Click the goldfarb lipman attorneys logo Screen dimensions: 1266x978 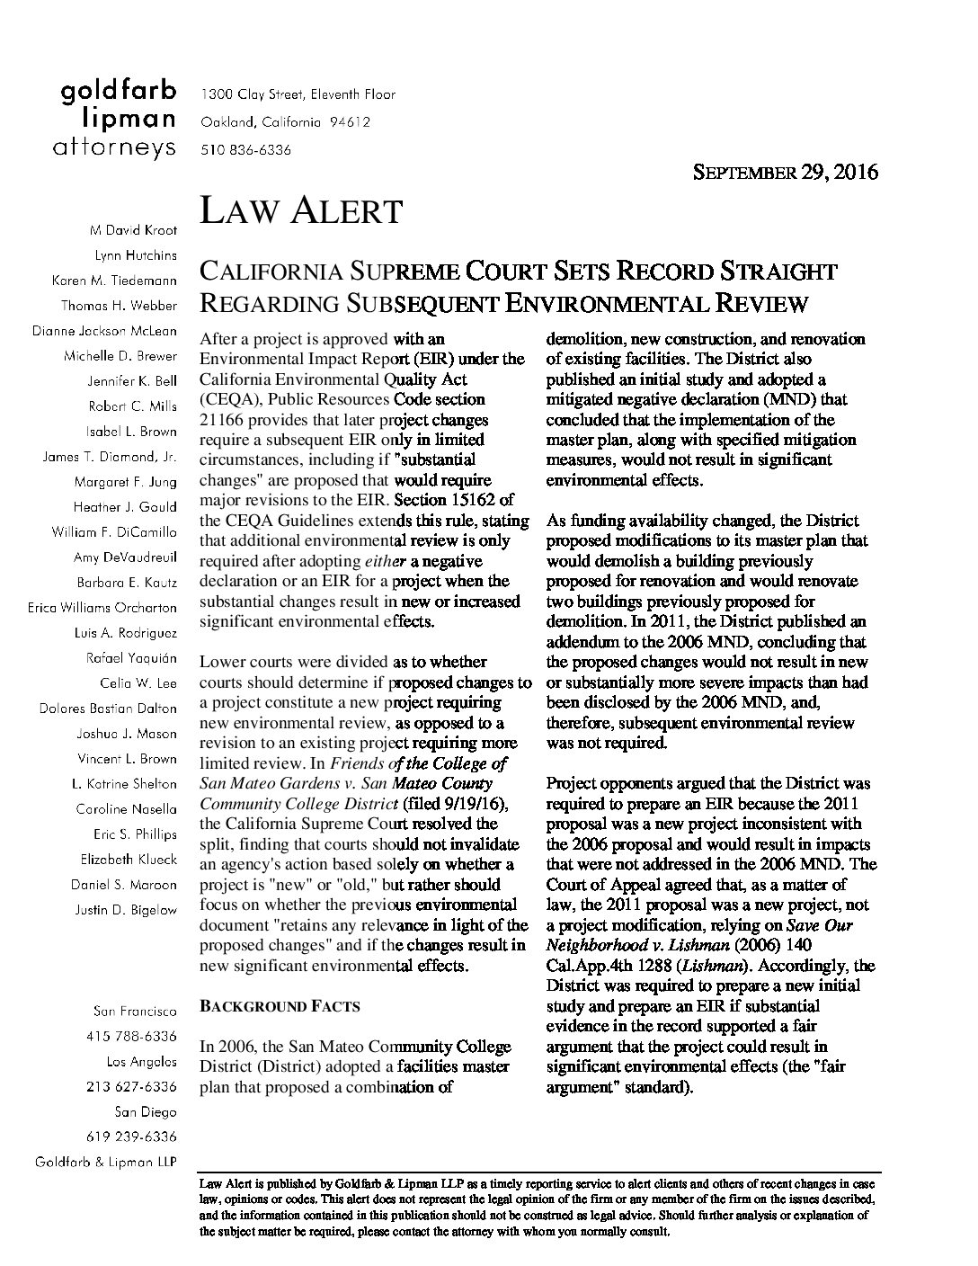(x=118, y=119)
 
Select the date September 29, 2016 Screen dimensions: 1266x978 (x=784, y=172)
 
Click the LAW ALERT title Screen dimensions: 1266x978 (x=300, y=210)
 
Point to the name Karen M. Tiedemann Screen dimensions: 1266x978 (x=114, y=281)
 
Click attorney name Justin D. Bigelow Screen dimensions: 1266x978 (x=127, y=909)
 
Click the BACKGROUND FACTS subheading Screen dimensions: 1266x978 (x=280, y=1006)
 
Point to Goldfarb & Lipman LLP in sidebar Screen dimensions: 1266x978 (x=105, y=1162)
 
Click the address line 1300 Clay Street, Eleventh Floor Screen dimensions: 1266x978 (x=298, y=94)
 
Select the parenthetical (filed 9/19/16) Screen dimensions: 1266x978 (x=457, y=803)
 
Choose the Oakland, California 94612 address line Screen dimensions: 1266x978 (x=285, y=122)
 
